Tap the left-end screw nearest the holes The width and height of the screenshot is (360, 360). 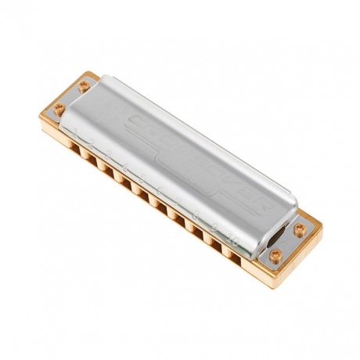point(58,108)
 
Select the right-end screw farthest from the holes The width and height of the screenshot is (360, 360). point(299,229)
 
